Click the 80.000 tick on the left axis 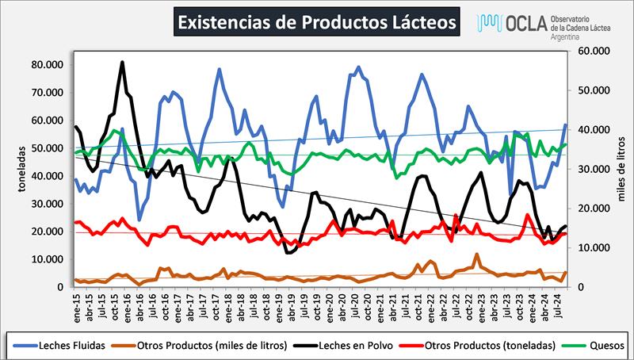[x=46, y=64]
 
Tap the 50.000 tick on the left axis [x=46, y=147]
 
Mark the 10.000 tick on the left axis [x=46, y=259]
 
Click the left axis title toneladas [x=13, y=168]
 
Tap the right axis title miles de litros [x=623, y=168]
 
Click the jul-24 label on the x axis [x=560, y=302]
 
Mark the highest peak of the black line [x=122, y=62]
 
